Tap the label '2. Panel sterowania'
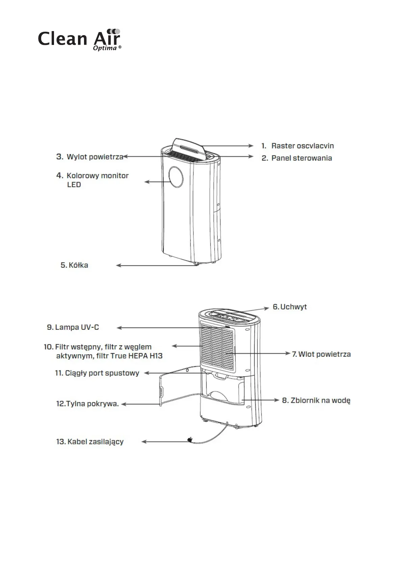click(297, 158)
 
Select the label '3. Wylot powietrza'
click(90, 157)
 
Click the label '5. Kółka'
click(74, 265)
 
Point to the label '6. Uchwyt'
click(290, 307)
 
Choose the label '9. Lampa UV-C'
click(73, 327)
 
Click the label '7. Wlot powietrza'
click(321, 354)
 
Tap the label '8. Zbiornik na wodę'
click(316, 400)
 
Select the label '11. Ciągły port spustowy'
click(97, 373)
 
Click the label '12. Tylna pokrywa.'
click(87, 404)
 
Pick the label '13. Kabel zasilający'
click(90, 442)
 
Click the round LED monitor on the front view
click(176, 177)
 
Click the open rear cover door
click(176, 385)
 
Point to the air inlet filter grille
click(217, 346)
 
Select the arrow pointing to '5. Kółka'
click(155, 266)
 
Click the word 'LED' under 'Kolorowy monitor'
click(74, 185)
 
